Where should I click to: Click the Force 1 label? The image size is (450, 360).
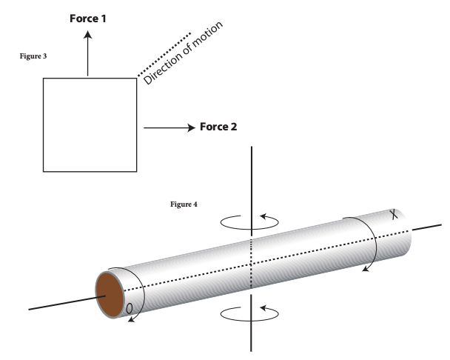coord(88,19)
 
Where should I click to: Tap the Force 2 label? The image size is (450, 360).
coord(218,127)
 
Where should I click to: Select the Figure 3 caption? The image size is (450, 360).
coord(33,56)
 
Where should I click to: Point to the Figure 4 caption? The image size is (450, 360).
coord(184,204)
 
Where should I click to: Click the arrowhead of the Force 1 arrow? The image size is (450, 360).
coord(88,35)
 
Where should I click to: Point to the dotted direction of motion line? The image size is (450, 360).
coord(164,55)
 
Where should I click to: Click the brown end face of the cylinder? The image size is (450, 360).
coord(110,295)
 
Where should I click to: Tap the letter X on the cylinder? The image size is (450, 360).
coord(394,214)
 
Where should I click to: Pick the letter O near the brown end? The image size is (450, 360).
coord(130,309)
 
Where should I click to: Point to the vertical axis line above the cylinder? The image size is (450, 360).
coord(252,191)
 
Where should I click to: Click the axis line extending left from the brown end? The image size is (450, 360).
coord(67,302)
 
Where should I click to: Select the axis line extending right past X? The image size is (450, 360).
coord(427,227)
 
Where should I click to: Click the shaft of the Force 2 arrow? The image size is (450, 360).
coord(166,127)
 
